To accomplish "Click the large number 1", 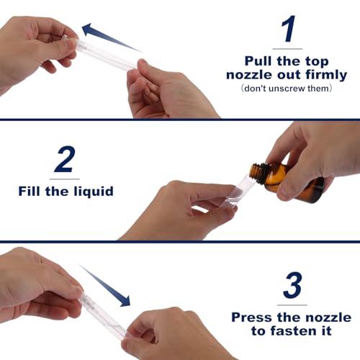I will (288, 30).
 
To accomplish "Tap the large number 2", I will (65, 159).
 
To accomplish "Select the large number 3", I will (291, 286).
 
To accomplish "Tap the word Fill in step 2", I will (35, 192).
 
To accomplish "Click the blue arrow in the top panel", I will (108, 37).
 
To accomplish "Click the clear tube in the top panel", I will (108, 58).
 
